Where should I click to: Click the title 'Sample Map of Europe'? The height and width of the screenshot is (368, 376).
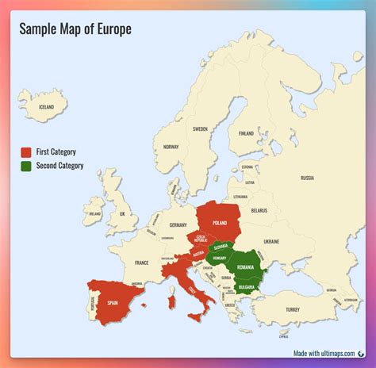click(x=75, y=29)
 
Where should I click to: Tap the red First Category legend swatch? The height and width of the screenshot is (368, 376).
click(x=26, y=151)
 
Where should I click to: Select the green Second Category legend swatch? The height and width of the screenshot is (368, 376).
click(x=26, y=166)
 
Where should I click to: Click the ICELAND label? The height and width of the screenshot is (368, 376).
click(x=47, y=107)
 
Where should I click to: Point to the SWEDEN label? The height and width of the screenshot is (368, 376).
click(x=200, y=128)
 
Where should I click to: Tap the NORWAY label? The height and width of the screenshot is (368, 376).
click(x=171, y=147)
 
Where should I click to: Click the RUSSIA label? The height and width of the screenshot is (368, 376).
click(x=307, y=178)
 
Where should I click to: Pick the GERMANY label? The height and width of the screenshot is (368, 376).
click(x=178, y=225)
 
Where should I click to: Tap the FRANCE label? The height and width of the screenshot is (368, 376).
click(x=141, y=263)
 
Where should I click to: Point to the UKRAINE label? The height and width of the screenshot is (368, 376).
click(x=270, y=240)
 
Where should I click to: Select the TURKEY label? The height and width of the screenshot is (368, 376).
click(x=294, y=309)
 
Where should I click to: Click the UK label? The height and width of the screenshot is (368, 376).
click(x=122, y=214)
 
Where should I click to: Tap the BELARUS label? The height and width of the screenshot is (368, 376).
click(x=259, y=210)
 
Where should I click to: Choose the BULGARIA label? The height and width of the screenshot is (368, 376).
click(x=246, y=287)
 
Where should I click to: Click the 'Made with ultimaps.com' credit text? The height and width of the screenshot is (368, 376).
click(x=324, y=354)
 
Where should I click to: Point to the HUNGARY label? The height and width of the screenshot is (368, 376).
click(x=221, y=258)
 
